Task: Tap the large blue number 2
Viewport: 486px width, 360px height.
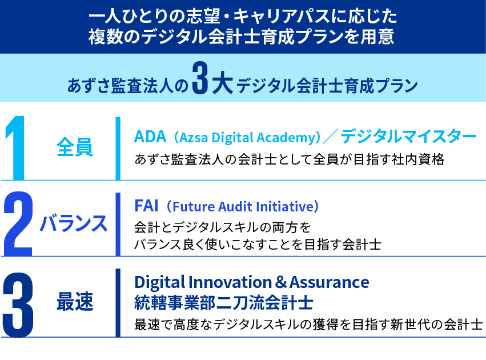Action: click(x=18, y=224)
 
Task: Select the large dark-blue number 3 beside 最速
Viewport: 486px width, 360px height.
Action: click(x=18, y=305)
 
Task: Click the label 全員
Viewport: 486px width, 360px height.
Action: click(x=75, y=147)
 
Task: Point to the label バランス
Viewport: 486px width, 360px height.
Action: click(x=74, y=223)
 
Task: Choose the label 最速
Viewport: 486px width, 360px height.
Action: click(x=75, y=301)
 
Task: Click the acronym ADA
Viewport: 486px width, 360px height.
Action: click(x=150, y=137)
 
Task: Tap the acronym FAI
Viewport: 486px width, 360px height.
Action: click(x=146, y=206)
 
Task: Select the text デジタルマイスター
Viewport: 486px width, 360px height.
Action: click(x=408, y=137)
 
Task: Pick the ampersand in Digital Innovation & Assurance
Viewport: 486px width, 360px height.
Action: click(x=280, y=282)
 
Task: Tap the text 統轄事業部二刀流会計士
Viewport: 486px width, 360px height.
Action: click(x=223, y=303)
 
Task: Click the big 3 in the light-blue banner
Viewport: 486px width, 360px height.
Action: click(x=200, y=78)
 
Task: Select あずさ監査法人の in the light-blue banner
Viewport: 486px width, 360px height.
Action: click(x=127, y=86)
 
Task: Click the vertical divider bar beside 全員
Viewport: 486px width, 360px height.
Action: click(x=118, y=148)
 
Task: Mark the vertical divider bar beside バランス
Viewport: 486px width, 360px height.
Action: click(x=118, y=224)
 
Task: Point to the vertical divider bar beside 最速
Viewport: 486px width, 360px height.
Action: click(x=118, y=303)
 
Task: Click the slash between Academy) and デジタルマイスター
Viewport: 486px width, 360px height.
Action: click(x=330, y=137)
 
